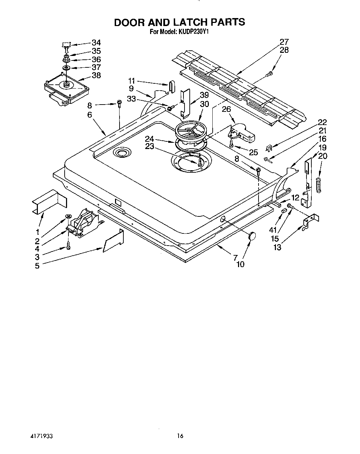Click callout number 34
(x=96, y=43)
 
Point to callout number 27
(x=284, y=42)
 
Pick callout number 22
(x=322, y=122)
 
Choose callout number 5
(x=37, y=266)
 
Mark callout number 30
(x=205, y=104)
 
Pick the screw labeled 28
(x=270, y=74)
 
